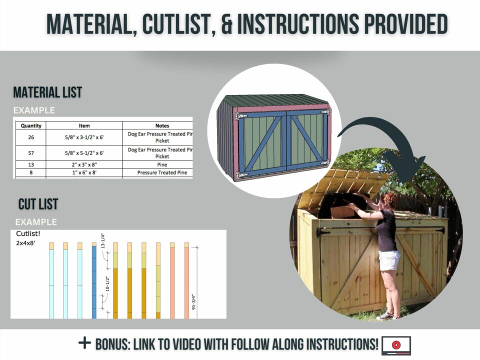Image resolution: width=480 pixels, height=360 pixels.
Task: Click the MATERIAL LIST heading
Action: point(47,92)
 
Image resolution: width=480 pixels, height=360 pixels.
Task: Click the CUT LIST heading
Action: point(38,204)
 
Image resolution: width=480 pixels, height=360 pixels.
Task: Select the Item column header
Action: point(84,125)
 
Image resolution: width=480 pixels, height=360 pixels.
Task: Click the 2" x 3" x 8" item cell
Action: point(84,164)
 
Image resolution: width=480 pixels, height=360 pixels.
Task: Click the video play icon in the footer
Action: point(396,344)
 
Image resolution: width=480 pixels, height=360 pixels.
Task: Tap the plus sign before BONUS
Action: point(85,343)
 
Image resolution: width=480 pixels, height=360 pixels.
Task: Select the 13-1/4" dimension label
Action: point(103,242)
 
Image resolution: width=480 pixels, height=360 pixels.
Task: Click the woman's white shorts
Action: point(389,260)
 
